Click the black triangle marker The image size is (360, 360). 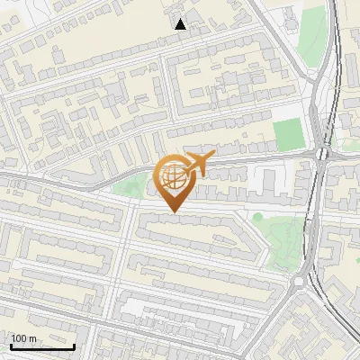pyautogui.click(x=181, y=24)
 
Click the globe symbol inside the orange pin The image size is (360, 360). pyautogui.click(x=173, y=179)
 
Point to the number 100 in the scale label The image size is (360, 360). pyautogui.click(x=19, y=338)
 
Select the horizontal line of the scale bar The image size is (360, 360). pyautogui.click(x=42, y=346)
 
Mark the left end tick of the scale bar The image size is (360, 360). pyautogui.click(x=11, y=345)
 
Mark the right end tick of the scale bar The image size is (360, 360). pyautogui.click(x=74, y=345)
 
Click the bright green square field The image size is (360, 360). pyautogui.click(x=288, y=134)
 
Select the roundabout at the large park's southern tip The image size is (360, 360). pyautogui.click(x=298, y=281)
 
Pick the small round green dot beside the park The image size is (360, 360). pyautogui.click(x=257, y=217)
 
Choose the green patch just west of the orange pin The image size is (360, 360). pyautogui.click(x=131, y=187)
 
